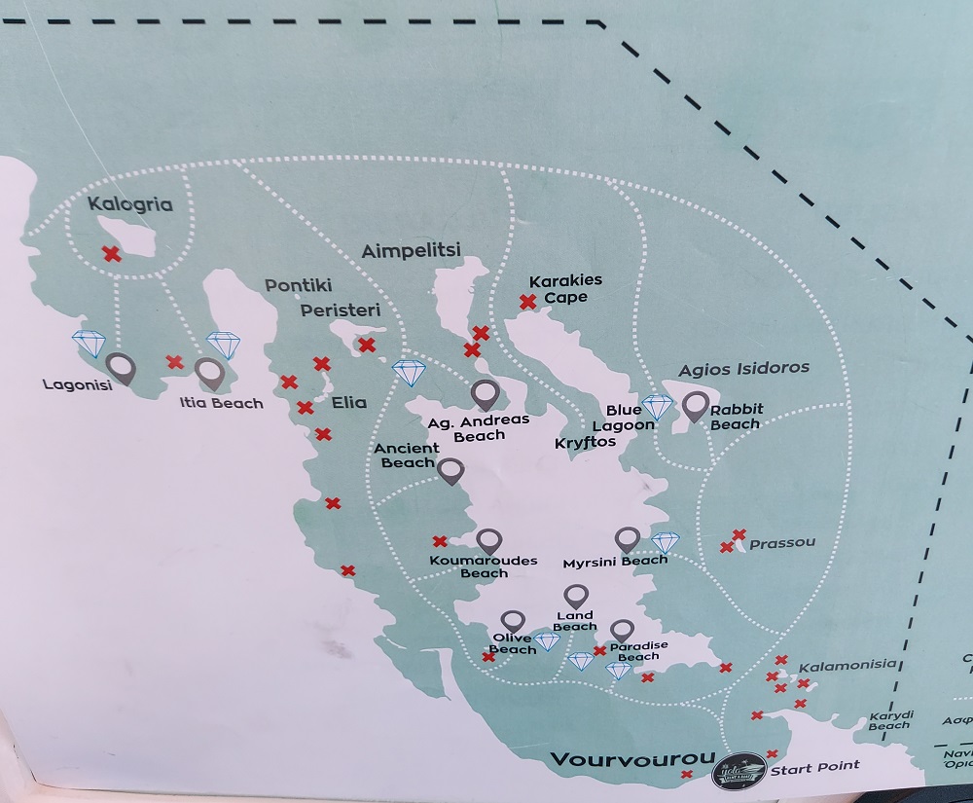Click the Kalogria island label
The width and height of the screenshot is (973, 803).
[x=129, y=204]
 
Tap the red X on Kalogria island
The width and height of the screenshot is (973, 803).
[x=112, y=254]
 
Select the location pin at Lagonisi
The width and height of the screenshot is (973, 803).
[x=121, y=368]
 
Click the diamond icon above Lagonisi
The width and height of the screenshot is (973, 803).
[x=90, y=343]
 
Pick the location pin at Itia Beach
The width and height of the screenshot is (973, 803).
[x=209, y=373]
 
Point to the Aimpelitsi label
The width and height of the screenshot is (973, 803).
[x=411, y=250]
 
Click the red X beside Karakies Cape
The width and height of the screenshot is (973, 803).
[x=528, y=303]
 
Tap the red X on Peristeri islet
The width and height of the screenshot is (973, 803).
[x=367, y=345]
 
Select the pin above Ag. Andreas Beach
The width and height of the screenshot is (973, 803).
[x=485, y=394]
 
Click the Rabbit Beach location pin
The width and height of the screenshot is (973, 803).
[x=695, y=405]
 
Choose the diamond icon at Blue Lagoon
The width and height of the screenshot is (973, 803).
[x=657, y=407]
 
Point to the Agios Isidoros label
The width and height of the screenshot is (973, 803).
[x=743, y=369]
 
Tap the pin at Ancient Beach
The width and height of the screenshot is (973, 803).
[x=450, y=472]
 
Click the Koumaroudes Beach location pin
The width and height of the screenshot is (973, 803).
[x=488, y=541]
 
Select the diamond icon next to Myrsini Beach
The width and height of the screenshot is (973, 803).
[x=665, y=542]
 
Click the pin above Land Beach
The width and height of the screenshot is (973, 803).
[x=576, y=596]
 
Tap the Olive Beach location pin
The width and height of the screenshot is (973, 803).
[x=513, y=621]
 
